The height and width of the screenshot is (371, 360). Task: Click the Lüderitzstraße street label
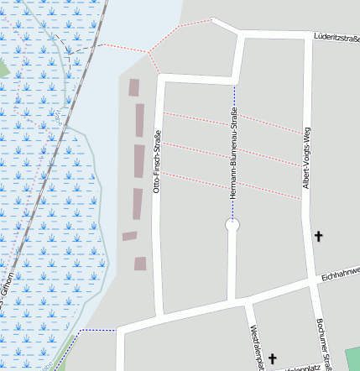pyautogui.click(x=336, y=37)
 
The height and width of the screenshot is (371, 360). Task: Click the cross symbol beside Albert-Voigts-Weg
pyautogui.click(x=318, y=238)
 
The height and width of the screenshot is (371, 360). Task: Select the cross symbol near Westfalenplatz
pyautogui.click(x=273, y=358)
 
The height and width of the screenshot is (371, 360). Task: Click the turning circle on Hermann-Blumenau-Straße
pyautogui.click(x=233, y=225)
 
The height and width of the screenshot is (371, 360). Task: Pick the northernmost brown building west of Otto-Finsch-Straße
pyautogui.click(x=134, y=86)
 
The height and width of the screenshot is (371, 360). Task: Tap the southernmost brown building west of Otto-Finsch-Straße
pyautogui.click(x=140, y=264)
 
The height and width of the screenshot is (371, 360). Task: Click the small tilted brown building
pyautogui.click(x=129, y=236)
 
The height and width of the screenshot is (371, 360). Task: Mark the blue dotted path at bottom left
pyautogui.click(x=97, y=331)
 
